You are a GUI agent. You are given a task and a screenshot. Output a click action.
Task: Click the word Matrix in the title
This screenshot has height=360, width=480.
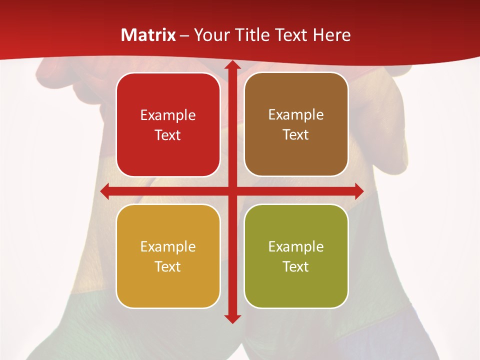click(x=148, y=35)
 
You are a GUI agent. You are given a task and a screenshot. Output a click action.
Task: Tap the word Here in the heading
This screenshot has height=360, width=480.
click(x=331, y=35)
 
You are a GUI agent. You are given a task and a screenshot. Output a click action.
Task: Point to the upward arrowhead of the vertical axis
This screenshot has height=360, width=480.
click(x=232, y=65)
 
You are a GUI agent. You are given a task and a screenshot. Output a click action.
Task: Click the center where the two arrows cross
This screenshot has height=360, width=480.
click(x=232, y=191)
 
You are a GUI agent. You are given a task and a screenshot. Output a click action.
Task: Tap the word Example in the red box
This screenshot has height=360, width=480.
click(x=168, y=115)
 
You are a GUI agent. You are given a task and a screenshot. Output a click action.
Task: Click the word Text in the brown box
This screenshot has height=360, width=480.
click(x=296, y=135)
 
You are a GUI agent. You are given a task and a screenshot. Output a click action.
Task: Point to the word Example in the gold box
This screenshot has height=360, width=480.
click(x=168, y=247)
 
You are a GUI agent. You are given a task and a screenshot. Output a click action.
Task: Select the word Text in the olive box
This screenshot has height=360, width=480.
click(x=296, y=266)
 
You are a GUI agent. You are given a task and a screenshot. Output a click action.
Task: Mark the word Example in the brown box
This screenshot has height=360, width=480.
click(x=296, y=115)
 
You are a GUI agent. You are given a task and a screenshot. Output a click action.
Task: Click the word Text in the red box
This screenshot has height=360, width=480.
click(x=168, y=135)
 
